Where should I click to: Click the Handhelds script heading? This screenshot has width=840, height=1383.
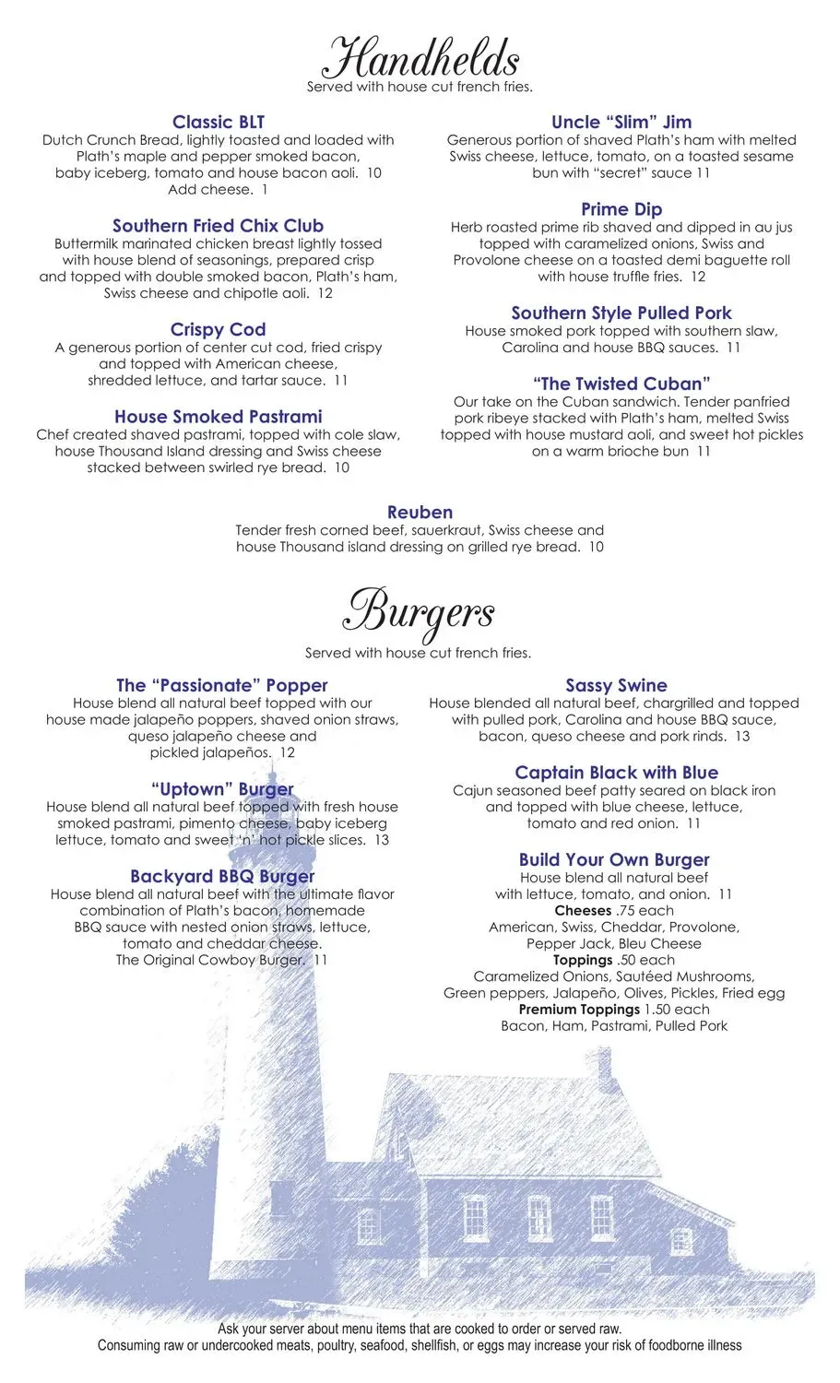[420, 59]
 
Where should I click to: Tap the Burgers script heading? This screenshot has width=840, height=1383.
[420, 611]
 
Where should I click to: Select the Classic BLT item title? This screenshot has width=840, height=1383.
[219, 122]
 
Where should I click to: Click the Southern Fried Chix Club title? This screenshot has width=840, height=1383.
[219, 226]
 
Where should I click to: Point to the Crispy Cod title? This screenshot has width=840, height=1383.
[219, 329]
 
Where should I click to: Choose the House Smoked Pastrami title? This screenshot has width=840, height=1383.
[219, 417]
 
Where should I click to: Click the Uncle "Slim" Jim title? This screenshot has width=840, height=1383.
[621, 122]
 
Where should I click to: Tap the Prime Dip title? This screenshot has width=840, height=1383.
[621, 209]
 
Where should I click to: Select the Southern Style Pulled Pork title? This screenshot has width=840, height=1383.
[621, 313]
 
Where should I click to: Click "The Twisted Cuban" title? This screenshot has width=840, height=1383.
[621, 384]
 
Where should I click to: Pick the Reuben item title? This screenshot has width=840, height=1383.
[420, 512]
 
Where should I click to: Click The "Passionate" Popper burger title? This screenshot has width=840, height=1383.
[222, 685]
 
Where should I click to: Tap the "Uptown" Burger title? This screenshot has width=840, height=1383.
[222, 789]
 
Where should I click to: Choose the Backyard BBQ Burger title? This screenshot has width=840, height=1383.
[222, 876]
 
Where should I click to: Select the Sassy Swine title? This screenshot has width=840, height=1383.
[616, 685]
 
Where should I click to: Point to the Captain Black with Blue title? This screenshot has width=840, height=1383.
[616, 773]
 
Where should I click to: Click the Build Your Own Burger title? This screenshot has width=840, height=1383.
[614, 859]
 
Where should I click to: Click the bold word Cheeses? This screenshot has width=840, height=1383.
[583, 911]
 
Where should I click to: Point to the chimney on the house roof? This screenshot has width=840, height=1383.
[604, 1067]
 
